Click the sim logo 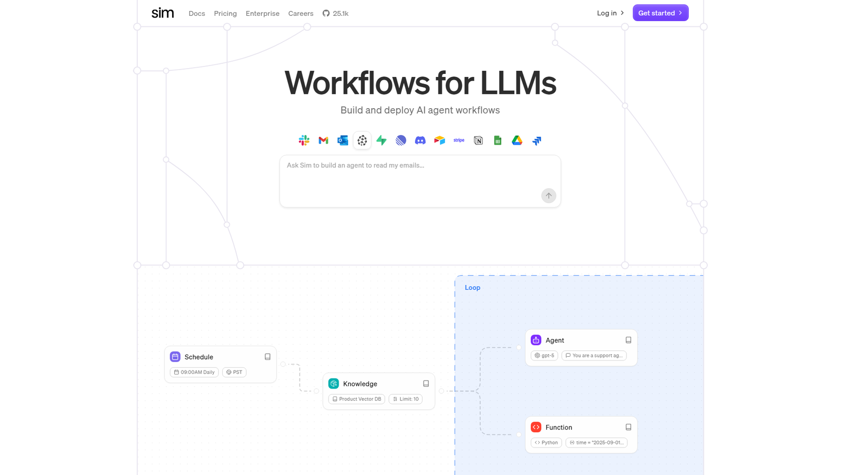click(162, 13)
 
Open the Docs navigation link click(196, 14)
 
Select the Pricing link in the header click(225, 14)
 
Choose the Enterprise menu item click(262, 14)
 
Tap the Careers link click(301, 14)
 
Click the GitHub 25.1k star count click(335, 14)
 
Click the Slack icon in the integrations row click(304, 140)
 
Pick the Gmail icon click(323, 140)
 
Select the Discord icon click(420, 140)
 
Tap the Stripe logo click(459, 140)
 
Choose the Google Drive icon click(517, 140)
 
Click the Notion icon click(478, 140)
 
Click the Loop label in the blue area click(472, 288)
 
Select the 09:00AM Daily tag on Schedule click(194, 372)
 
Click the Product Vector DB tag click(356, 399)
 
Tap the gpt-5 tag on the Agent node click(544, 356)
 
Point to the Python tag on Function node click(546, 443)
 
